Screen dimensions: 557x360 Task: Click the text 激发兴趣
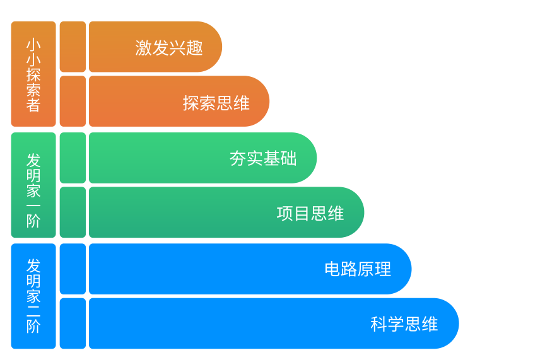tap(169, 47)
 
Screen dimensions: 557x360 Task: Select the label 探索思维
tap(216, 103)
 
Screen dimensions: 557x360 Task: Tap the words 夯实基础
tap(263, 158)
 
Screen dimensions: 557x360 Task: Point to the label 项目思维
tap(310, 214)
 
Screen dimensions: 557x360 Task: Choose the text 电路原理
tap(358, 269)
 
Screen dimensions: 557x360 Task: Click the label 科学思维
tap(404, 324)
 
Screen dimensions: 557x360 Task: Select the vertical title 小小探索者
tap(33, 75)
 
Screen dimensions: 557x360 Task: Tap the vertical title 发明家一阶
tap(33, 190)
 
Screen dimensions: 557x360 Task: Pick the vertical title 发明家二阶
tap(33, 296)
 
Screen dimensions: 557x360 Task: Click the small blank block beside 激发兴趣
tap(73, 47)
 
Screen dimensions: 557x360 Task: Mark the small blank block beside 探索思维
tap(73, 101)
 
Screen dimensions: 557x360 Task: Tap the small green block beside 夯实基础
tap(73, 158)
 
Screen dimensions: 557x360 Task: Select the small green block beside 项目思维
tap(73, 212)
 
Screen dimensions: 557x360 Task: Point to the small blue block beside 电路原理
tap(73, 269)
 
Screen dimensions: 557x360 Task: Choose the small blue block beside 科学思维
tap(73, 323)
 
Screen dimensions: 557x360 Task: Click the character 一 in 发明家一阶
tap(33, 206)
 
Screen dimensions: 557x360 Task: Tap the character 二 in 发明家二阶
tap(33, 311)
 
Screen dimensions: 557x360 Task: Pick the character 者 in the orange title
tap(33, 105)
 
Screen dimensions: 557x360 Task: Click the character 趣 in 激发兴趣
tap(195, 47)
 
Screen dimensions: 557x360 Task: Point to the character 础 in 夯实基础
tap(288, 158)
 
